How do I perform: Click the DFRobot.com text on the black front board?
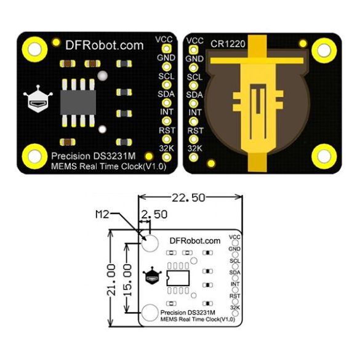click(105, 46)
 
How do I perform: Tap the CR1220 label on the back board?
click(228, 44)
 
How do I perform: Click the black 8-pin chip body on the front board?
click(78, 102)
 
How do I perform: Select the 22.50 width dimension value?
click(188, 198)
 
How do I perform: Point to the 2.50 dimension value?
click(154, 214)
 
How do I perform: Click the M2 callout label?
click(102, 214)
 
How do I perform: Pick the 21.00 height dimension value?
click(111, 279)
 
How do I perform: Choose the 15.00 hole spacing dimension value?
click(127, 279)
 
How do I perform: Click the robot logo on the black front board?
click(38, 99)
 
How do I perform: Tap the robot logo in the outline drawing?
click(152, 276)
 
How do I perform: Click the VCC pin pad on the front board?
click(166, 49)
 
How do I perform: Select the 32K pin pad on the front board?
click(166, 158)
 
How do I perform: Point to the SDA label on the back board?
click(194, 95)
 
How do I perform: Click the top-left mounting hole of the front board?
click(34, 49)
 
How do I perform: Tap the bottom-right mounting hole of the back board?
click(324, 156)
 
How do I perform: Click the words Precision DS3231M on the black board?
click(93, 156)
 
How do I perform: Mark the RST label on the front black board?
click(167, 130)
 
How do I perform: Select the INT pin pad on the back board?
click(194, 121)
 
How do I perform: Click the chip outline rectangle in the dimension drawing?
click(178, 278)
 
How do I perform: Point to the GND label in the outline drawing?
click(234, 249)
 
